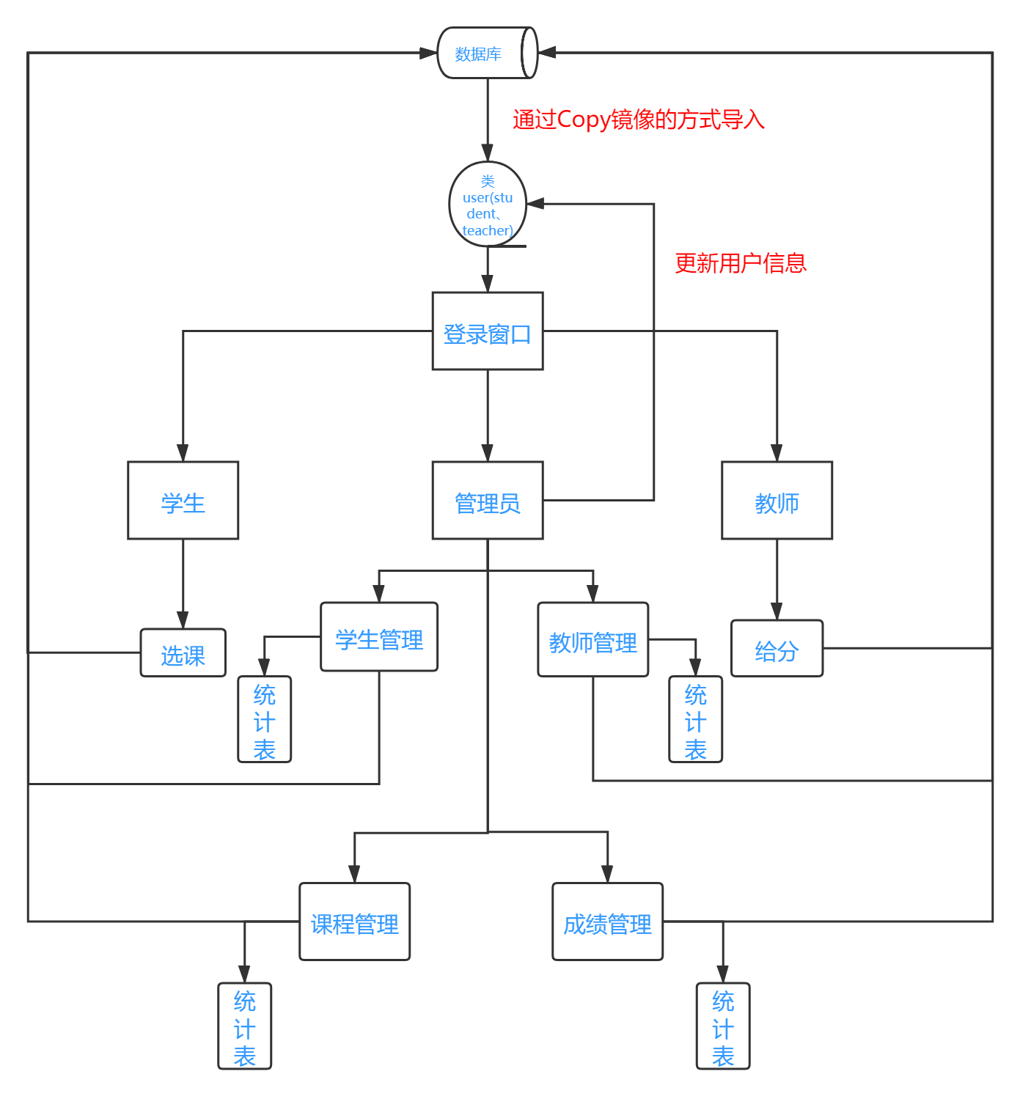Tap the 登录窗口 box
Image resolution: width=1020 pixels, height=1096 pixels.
488,331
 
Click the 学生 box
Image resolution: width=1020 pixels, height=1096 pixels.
183,501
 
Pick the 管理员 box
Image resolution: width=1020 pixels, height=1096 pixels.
488,501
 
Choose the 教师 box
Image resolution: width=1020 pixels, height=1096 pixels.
777,501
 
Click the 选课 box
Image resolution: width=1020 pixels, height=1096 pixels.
183,652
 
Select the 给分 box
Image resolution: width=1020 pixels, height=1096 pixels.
777,649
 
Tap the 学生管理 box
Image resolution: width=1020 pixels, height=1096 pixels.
379,637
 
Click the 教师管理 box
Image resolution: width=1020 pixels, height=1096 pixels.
593,640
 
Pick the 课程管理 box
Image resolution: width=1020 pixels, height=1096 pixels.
355,922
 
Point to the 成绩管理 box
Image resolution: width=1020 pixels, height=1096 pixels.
608,922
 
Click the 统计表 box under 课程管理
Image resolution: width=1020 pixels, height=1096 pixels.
245,1026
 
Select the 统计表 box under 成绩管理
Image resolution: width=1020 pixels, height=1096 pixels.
723,1026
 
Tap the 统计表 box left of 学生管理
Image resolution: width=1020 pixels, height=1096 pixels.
265,719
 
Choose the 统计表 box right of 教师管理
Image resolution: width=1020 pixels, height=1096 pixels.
696,719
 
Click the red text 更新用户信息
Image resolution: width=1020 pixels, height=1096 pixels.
741,263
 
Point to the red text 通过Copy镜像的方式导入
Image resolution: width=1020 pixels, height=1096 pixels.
638,119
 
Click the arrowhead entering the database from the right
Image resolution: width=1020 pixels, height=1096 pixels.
547,53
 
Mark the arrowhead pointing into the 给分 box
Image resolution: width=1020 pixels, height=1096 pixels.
777,611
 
